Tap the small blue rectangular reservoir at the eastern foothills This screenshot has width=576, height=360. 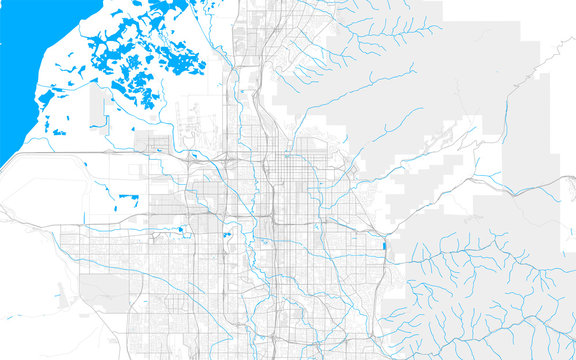(384, 245)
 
